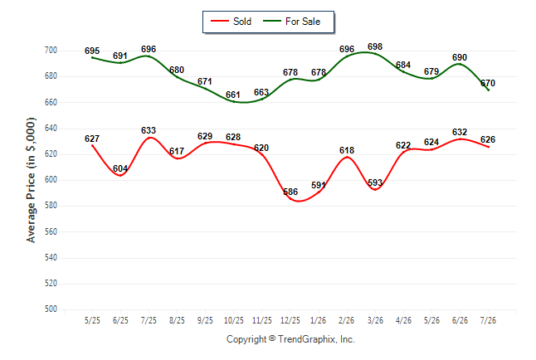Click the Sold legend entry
click(x=231, y=22)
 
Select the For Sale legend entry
click(x=291, y=22)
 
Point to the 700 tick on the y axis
click(x=51, y=51)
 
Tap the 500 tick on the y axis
click(x=51, y=309)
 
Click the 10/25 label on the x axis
click(x=234, y=320)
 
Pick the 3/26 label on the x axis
click(x=375, y=320)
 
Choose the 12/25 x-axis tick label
click(x=290, y=320)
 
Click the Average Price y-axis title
click(x=31, y=180)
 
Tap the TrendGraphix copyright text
click(x=290, y=339)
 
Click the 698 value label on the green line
click(x=375, y=46)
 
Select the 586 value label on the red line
click(x=290, y=192)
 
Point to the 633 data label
click(x=149, y=130)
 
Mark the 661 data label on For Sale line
click(x=233, y=95)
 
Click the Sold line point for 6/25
click(x=120, y=175)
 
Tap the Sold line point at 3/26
click(x=375, y=189)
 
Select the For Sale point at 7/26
click(x=488, y=90)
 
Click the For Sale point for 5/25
click(x=92, y=57)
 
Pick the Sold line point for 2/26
click(x=347, y=158)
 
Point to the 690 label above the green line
click(x=460, y=57)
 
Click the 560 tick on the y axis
click(x=51, y=231)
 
